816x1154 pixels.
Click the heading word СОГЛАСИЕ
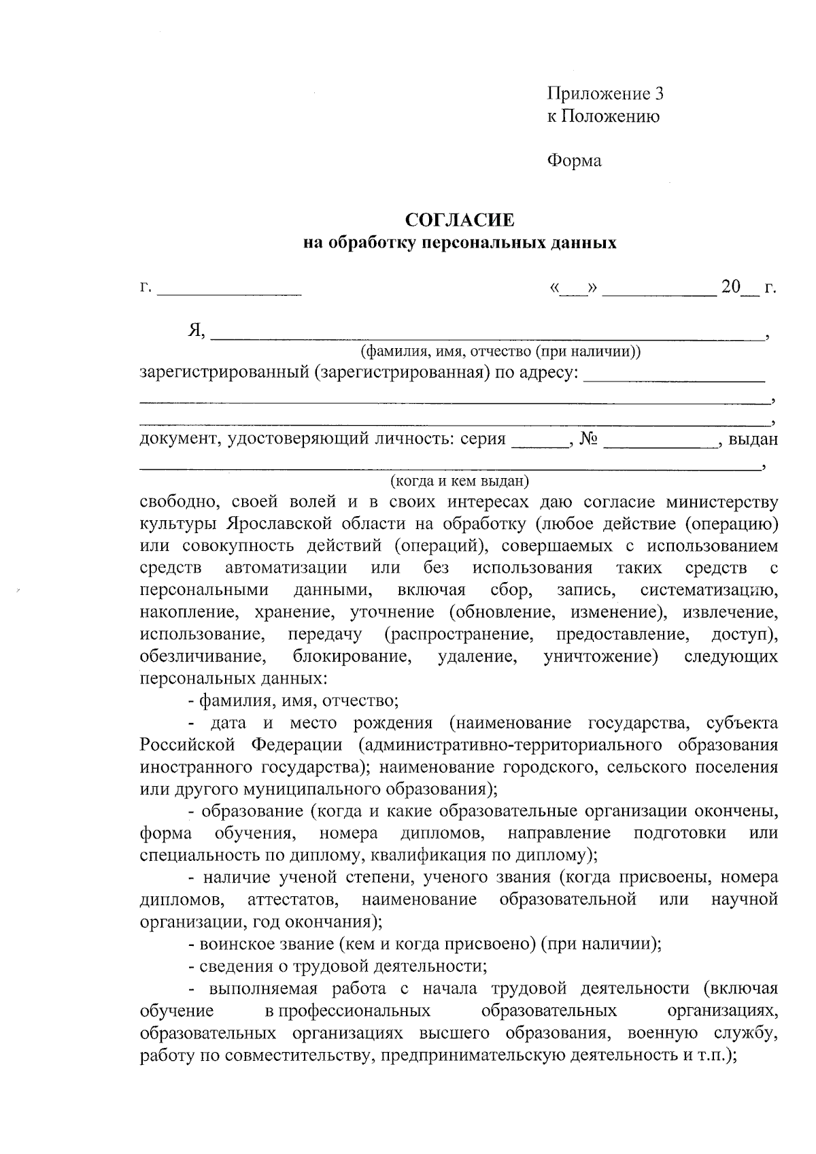pos(460,220)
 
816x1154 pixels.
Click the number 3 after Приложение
pos(658,94)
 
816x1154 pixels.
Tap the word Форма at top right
pos(574,161)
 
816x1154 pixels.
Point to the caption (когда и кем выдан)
pos(460,481)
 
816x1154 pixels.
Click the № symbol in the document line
pos(589,439)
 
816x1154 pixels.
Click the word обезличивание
pos(202,657)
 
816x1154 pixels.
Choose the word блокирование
pos(352,657)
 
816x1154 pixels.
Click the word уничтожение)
pos(600,657)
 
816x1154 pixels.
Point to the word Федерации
pos(297,745)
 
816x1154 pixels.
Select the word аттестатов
pos(294,900)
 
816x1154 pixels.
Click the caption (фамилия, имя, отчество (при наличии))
pos(500,352)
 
